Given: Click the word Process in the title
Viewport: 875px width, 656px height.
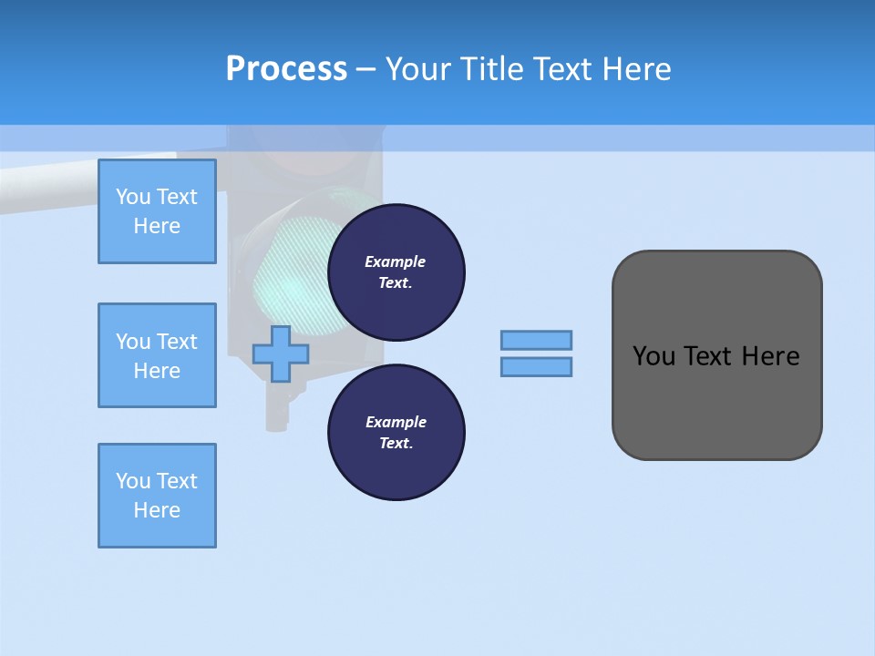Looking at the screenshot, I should pyautogui.click(x=286, y=68).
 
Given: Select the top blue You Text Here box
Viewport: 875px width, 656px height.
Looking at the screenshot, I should pyautogui.click(x=157, y=211).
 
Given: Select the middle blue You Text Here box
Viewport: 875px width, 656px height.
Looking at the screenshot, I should pyautogui.click(x=157, y=355).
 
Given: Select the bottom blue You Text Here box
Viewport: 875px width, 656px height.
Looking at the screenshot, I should pyautogui.click(x=157, y=496).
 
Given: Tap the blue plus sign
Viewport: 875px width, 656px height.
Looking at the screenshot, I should pyautogui.click(x=281, y=354).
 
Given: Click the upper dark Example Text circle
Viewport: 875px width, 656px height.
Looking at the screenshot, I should pyautogui.click(x=396, y=272).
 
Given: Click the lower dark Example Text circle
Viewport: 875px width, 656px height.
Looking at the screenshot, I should pyautogui.click(x=396, y=432).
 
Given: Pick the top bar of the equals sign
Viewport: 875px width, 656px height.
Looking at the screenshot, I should pyautogui.click(x=536, y=340).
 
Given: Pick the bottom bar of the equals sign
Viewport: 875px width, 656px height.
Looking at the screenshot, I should pyautogui.click(x=536, y=366).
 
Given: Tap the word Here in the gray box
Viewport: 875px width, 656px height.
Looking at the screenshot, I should pyautogui.click(x=770, y=356).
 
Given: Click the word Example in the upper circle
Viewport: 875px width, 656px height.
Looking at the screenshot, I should pyautogui.click(x=396, y=261).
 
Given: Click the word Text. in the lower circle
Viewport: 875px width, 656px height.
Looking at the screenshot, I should pyautogui.click(x=396, y=443).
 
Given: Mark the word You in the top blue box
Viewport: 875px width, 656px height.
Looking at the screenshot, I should pyautogui.click(x=133, y=197).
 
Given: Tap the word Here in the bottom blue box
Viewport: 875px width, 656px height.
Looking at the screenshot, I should pyautogui.click(x=157, y=510).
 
